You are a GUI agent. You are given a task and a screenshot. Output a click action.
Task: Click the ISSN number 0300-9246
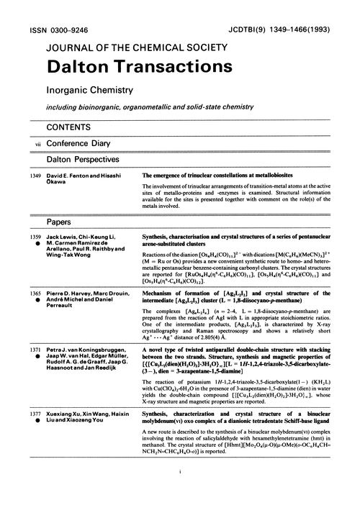(x=53, y=13)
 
